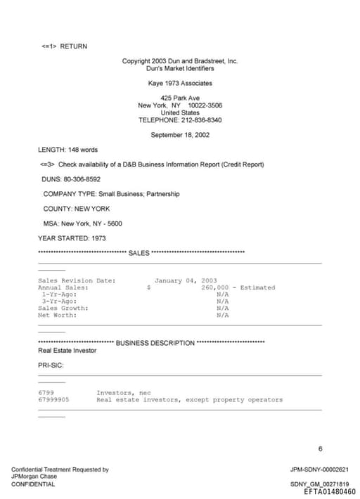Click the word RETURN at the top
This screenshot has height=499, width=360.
tap(74, 46)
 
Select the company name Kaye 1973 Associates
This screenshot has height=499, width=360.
tap(180, 84)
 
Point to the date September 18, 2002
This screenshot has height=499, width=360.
tap(180, 135)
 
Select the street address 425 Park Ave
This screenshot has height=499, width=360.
tap(180, 98)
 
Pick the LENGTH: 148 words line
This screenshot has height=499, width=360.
tap(67, 150)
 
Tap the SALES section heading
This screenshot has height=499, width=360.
tap(139, 253)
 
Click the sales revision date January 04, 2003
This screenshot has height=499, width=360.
tap(186, 280)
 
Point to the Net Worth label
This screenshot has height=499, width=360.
tap(58, 315)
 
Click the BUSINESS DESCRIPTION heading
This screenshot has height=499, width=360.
tap(155, 343)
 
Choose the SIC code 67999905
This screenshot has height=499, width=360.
tap(53, 399)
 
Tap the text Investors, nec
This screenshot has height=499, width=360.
tap(124, 392)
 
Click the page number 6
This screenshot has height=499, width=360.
tap(320, 448)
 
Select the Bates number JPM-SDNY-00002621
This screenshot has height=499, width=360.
tap(319, 469)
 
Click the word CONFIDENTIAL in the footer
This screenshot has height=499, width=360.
tap(33, 484)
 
